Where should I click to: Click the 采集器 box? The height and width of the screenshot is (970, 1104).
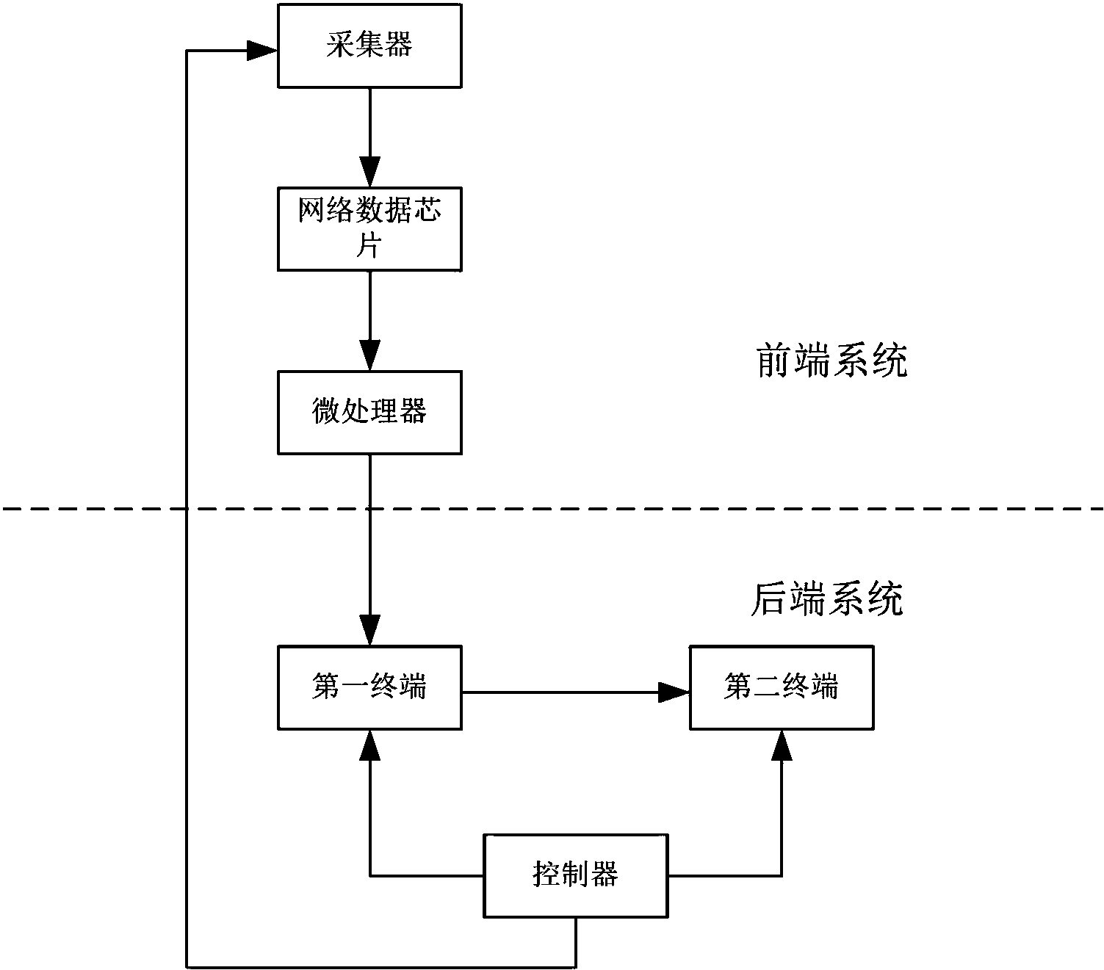(x=369, y=46)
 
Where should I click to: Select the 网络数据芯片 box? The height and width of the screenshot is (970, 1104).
(x=369, y=228)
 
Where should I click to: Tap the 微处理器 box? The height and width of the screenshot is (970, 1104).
(x=369, y=412)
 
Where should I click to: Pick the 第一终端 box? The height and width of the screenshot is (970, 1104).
(x=369, y=688)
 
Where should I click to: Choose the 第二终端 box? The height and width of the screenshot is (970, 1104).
(x=782, y=688)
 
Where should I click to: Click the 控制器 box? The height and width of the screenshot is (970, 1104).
(x=575, y=875)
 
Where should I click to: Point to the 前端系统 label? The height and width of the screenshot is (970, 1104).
(x=831, y=361)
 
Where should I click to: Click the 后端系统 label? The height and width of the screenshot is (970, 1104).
(x=826, y=600)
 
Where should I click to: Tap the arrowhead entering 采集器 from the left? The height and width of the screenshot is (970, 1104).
(x=261, y=51)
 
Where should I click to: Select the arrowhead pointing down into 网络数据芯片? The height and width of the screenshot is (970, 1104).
(x=369, y=173)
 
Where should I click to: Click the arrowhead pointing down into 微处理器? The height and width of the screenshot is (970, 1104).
(x=369, y=356)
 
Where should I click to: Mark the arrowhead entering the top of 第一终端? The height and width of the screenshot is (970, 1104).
(x=369, y=631)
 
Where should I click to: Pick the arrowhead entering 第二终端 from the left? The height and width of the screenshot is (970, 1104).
(x=673, y=692)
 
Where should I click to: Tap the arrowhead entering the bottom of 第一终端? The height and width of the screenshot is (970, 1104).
(x=369, y=745)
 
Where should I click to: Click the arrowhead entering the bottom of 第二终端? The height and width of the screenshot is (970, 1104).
(x=782, y=745)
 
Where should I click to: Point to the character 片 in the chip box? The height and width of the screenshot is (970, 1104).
(x=369, y=246)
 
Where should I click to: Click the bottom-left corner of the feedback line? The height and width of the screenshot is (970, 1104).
(x=187, y=966)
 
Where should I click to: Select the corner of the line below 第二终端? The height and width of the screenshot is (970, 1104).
(x=782, y=875)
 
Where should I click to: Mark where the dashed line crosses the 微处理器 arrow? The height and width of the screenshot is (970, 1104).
(x=369, y=508)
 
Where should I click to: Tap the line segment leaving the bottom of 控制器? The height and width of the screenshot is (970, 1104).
(x=575, y=941)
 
